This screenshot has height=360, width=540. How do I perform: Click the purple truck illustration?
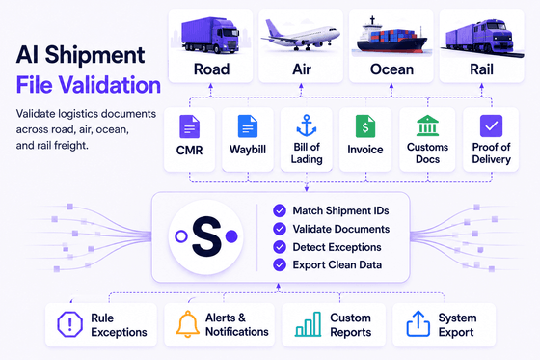210,36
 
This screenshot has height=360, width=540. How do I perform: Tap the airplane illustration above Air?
300,36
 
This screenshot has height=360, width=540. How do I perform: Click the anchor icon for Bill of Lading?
307,125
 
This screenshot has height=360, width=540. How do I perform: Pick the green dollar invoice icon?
365,126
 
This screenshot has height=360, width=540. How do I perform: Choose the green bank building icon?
427,125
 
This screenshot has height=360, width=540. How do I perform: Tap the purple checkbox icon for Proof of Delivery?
491,125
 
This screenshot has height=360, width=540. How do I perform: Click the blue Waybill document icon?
248,126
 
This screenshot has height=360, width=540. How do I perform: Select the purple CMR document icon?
189,126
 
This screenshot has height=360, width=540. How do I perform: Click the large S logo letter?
206,236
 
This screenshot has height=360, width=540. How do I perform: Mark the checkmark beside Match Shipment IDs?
280,210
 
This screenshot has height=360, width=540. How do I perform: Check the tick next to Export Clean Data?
280,264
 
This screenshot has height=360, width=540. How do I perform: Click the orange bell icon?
188,323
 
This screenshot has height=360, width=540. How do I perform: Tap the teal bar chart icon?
308,324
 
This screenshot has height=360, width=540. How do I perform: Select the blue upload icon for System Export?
418,323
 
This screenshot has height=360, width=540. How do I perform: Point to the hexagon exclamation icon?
69,324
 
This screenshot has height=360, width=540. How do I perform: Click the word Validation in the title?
109,85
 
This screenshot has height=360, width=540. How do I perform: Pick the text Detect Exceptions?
337,247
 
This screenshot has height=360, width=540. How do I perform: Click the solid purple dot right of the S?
231,236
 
